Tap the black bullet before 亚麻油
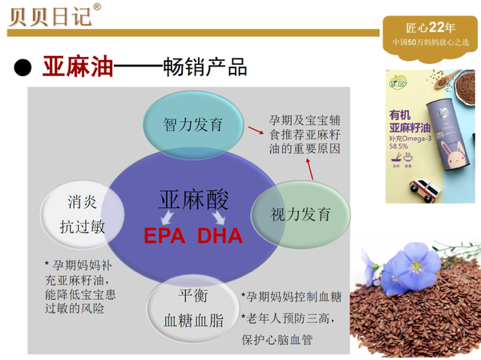point(22,67)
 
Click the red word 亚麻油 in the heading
point(77,67)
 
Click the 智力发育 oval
point(193,125)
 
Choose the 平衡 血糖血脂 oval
point(192,310)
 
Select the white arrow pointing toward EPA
point(170,218)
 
